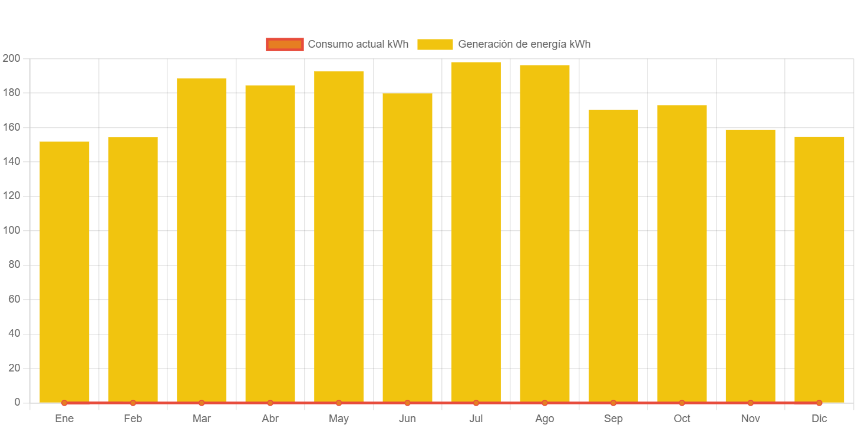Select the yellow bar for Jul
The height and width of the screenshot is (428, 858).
(476, 232)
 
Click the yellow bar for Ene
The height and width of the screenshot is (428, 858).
(64, 271)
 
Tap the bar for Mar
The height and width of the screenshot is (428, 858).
(202, 240)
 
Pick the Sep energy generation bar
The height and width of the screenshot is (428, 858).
(613, 256)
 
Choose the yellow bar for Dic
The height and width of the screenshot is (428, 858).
(819, 269)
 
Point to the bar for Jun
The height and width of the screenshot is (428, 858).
(407, 247)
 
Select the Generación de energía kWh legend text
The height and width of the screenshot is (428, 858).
(524, 44)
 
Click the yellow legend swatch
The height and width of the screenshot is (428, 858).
(435, 44)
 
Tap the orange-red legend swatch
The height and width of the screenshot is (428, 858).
(285, 44)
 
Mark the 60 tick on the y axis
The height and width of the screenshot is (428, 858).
(14, 299)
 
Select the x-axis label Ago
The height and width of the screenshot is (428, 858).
(544, 419)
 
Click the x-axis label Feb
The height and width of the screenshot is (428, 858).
(133, 419)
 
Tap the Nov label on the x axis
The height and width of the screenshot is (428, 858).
(750, 419)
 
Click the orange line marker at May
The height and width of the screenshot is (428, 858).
(339, 403)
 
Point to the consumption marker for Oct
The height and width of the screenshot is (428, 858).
(682, 403)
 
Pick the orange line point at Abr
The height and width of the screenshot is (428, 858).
(270, 403)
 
